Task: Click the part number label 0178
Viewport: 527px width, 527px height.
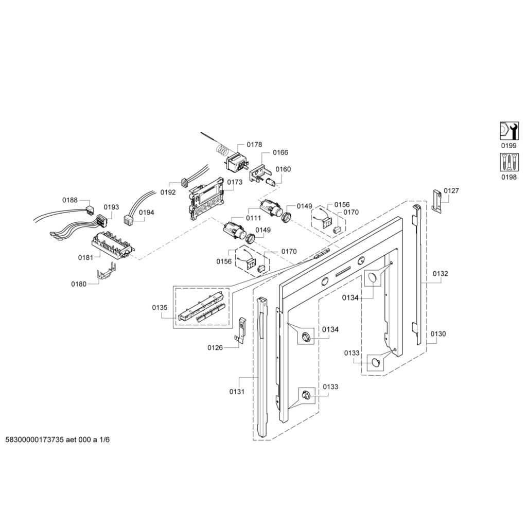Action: coord(254,145)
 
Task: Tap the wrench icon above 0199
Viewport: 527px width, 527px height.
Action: coord(509,130)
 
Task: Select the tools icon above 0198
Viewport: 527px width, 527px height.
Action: coord(509,163)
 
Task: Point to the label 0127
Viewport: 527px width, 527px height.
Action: coord(451,190)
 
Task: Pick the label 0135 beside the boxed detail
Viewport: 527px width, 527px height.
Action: coord(160,308)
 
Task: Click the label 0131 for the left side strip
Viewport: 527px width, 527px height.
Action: coord(237,392)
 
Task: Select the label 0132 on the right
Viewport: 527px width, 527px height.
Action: coord(440,273)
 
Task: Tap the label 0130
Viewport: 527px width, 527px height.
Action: coord(438,334)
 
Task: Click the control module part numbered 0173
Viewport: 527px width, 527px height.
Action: coord(207,199)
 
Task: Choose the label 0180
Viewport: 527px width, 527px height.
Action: coord(79,284)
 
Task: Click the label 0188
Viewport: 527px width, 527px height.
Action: coord(70,200)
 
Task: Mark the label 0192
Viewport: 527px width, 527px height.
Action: coord(168,192)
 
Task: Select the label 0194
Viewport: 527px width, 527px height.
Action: coord(146,212)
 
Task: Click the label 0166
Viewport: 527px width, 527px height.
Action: coord(280,152)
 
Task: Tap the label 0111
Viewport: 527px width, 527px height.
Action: coord(253,218)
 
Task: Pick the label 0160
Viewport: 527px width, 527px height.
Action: coord(283,169)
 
